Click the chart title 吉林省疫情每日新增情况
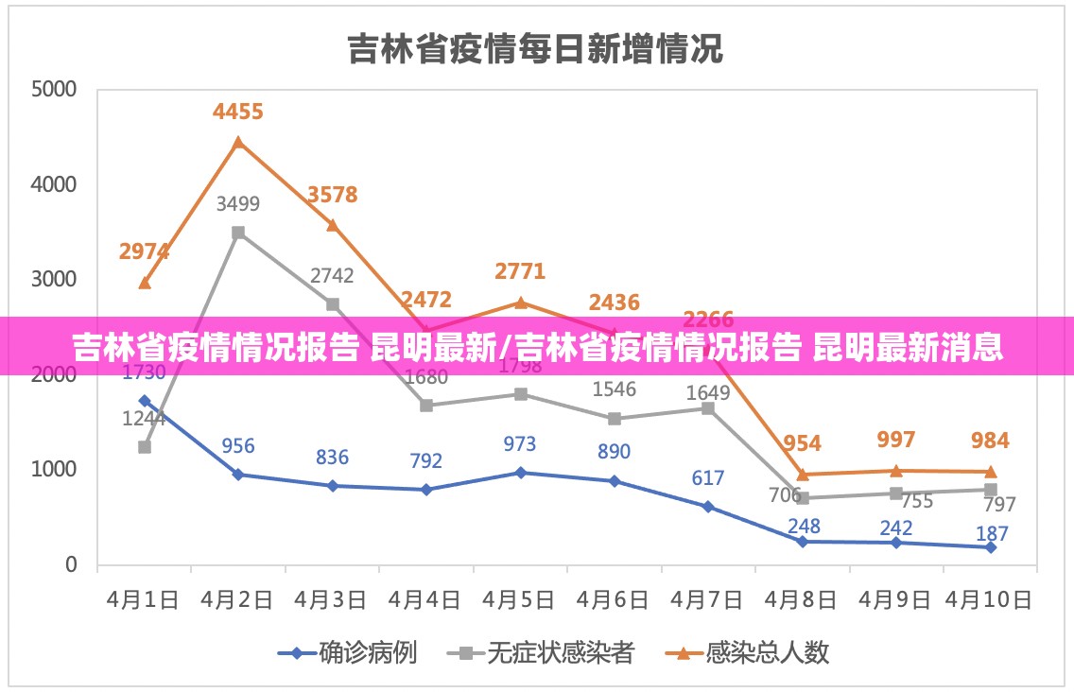pos(535,48)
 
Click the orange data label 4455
pos(238,112)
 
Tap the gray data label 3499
pos(238,203)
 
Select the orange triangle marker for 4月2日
pos(238,142)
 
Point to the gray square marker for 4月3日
pos(333,304)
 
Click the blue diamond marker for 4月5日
pos(521,472)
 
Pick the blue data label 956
pos(238,445)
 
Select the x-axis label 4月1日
pos(143,599)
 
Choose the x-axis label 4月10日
pos(990,599)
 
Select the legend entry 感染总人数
pos(767,652)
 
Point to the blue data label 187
pos(991,534)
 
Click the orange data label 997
pos(896,440)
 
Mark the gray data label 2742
pos(332,276)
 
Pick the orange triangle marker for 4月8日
pos(803,475)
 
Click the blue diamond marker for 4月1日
pos(145,401)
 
